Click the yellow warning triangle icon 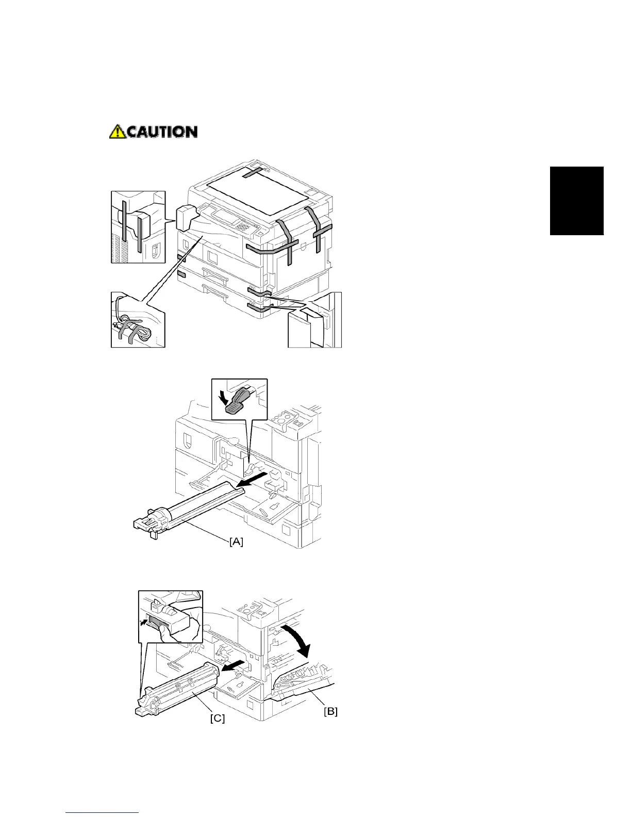tap(117, 132)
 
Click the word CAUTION tap(162, 132)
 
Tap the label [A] tap(236, 542)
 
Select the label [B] tap(330, 712)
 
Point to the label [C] tap(218, 718)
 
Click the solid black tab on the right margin tap(576, 201)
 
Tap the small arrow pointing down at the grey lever tap(224, 397)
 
